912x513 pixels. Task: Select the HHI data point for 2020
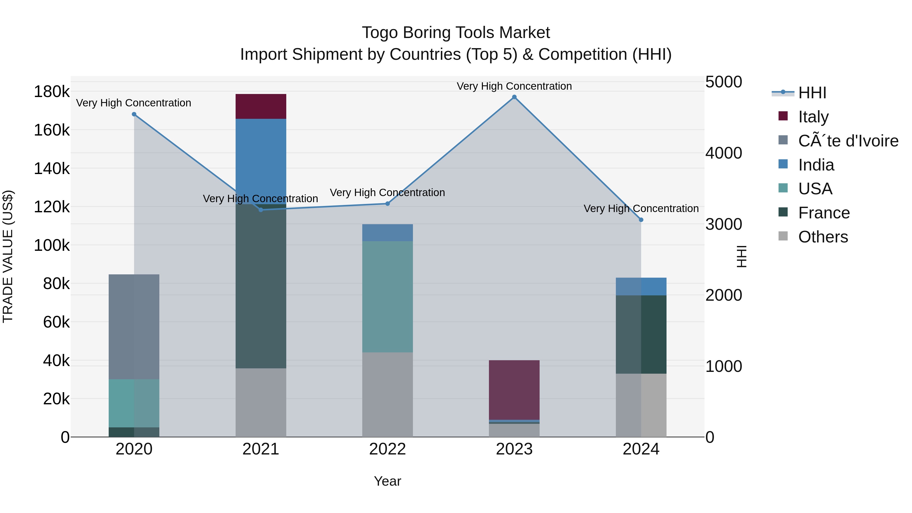pyautogui.click(x=134, y=114)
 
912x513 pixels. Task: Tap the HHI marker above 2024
pyautogui.click(x=641, y=220)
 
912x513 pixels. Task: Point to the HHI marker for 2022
pyautogui.click(x=387, y=204)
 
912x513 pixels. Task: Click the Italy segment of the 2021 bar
pyautogui.click(x=261, y=106)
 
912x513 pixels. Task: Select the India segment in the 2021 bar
pyautogui.click(x=261, y=159)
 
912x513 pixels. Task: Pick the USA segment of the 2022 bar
pyautogui.click(x=387, y=297)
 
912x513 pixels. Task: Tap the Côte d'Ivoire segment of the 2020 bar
pyautogui.click(x=134, y=327)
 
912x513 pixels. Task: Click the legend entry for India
pyautogui.click(x=816, y=165)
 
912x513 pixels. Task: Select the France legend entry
pyautogui.click(x=824, y=213)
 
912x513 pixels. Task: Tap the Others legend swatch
pyautogui.click(x=783, y=236)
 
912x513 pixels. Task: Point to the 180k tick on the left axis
pyautogui.click(x=52, y=92)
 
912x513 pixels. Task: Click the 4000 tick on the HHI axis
pyautogui.click(x=723, y=153)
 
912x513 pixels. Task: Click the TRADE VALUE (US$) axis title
pyautogui.click(x=8, y=256)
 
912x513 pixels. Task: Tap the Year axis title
pyautogui.click(x=387, y=481)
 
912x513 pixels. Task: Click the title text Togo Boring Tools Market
pyautogui.click(x=456, y=33)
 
